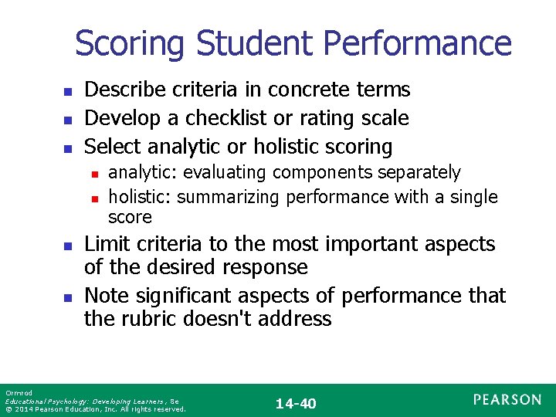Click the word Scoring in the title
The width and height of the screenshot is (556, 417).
[x=131, y=44]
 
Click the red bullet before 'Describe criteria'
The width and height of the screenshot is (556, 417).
[x=67, y=92]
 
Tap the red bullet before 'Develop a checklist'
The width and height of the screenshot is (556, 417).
[x=67, y=120]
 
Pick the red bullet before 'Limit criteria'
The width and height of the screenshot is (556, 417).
[x=67, y=246]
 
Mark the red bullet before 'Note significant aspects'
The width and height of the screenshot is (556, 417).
[x=67, y=297]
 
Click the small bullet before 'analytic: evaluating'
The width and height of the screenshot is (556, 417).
[x=94, y=174]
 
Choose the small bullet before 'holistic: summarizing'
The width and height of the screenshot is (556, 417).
[x=94, y=198]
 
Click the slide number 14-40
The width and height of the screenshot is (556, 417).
[x=296, y=403]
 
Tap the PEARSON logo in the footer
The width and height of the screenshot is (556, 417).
[x=507, y=399]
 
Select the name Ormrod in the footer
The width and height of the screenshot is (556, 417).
[x=17, y=394]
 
